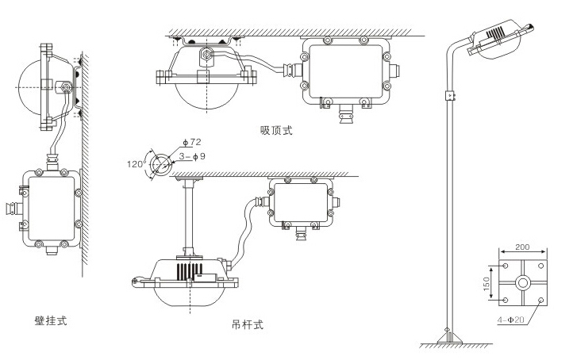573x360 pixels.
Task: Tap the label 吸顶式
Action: point(276,130)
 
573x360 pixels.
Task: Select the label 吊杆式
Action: point(247,324)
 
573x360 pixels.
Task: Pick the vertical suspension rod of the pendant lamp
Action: point(187,217)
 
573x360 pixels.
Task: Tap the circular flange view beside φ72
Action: point(163,164)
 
